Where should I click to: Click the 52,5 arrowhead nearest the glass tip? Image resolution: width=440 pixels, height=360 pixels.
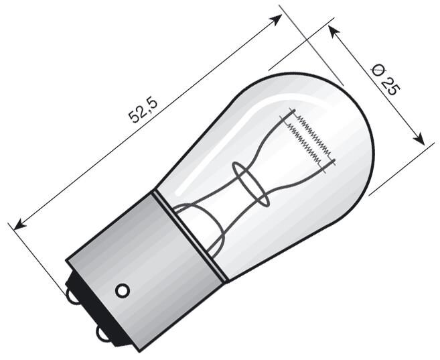click(x=276, y=18)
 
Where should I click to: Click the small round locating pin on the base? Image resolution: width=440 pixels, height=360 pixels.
click(x=122, y=290)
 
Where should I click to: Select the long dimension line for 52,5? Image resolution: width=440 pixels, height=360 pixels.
click(x=147, y=121)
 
